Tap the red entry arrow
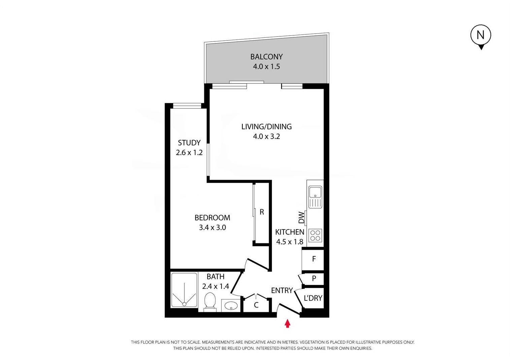(287, 323)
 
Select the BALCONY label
(266, 57)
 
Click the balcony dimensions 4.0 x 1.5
(266, 66)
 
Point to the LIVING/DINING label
(266, 127)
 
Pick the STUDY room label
(189, 143)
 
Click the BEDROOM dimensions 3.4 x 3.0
(212, 227)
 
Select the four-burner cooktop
(315, 235)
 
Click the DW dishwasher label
(301, 217)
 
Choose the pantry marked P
(314, 278)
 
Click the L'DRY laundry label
(313, 298)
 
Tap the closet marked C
(256, 305)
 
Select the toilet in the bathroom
(210, 302)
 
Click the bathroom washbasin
(231, 305)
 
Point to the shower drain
(184, 304)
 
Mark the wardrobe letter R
(262, 212)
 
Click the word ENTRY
(282, 290)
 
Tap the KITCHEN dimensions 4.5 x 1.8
(290, 242)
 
